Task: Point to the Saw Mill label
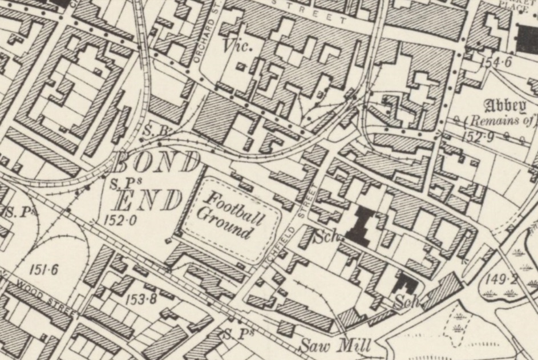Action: pyautogui.click(x=335, y=345)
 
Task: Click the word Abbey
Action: pyautogui.click(x=504, y=106)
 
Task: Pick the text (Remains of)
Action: pyautogui.click(x=500, y=120)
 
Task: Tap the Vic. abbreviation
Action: pyautogui.click(x=238, y=46)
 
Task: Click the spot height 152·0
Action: pyautogui.click(x=120, y=219)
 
